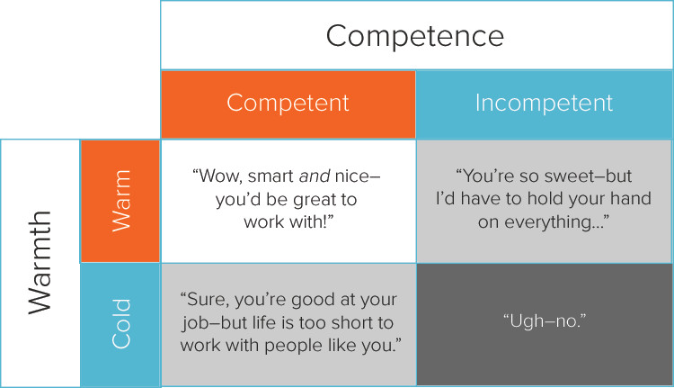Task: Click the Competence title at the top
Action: (x=415, y=36)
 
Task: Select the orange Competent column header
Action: (x=288, y=104)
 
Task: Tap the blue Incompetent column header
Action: (x=544, y=104)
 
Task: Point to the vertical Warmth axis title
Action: (x=40, y=263)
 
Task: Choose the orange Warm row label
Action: (x=120, y=201)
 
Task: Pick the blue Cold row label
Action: (x=120, y=325)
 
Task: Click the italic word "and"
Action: (x=315, y=176)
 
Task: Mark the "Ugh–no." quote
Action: (x=545, y=320)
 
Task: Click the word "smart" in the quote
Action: (x=270, y=176)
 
